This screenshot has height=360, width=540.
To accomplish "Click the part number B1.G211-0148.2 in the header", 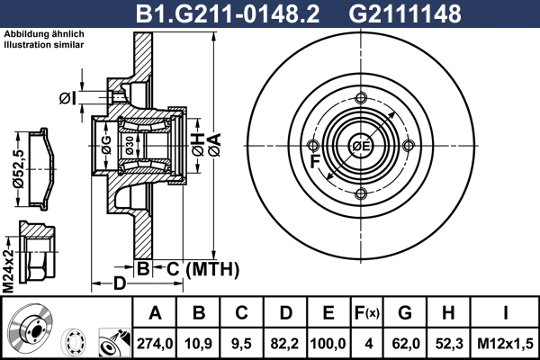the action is click(228, 13).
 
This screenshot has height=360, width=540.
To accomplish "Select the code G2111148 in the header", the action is click(405, 13).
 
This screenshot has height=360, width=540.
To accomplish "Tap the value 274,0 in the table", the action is click(155, 344).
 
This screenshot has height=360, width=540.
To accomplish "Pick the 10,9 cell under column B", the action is click(198, 344).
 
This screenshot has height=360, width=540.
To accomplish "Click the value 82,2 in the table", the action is click(284, 344).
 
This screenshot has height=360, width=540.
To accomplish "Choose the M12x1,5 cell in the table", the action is click(505, 344).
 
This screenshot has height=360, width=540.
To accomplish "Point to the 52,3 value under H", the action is click(449, 344).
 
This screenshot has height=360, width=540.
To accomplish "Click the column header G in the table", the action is click(405, 313).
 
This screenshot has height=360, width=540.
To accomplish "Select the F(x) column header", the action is click(367, 313).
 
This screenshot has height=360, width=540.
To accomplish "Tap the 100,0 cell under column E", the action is click(328, 344).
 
